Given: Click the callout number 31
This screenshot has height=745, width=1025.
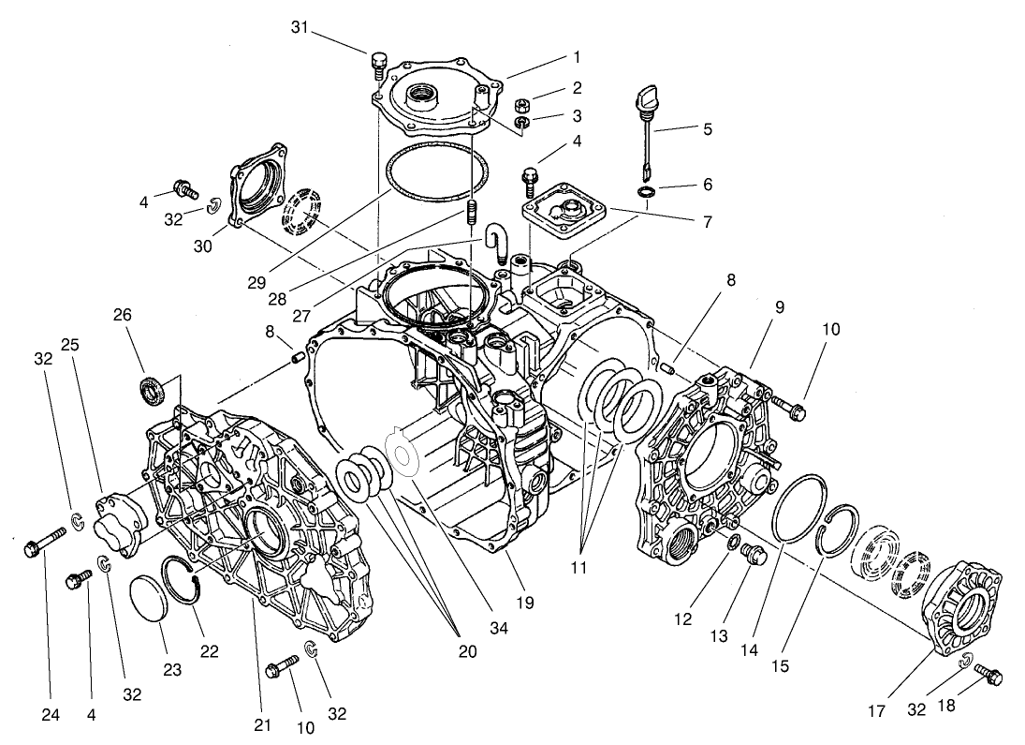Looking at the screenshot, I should tap(298, 29).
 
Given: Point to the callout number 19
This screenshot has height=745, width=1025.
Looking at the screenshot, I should tap(523, 603).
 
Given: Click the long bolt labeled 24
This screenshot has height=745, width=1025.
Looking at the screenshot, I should tap(43, 543).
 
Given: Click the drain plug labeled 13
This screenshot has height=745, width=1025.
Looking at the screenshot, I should tap(753, 555).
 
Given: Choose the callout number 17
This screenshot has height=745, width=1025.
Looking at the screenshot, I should tap(875, 712).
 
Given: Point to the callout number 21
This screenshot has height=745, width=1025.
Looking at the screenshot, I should tap(262, 724).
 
